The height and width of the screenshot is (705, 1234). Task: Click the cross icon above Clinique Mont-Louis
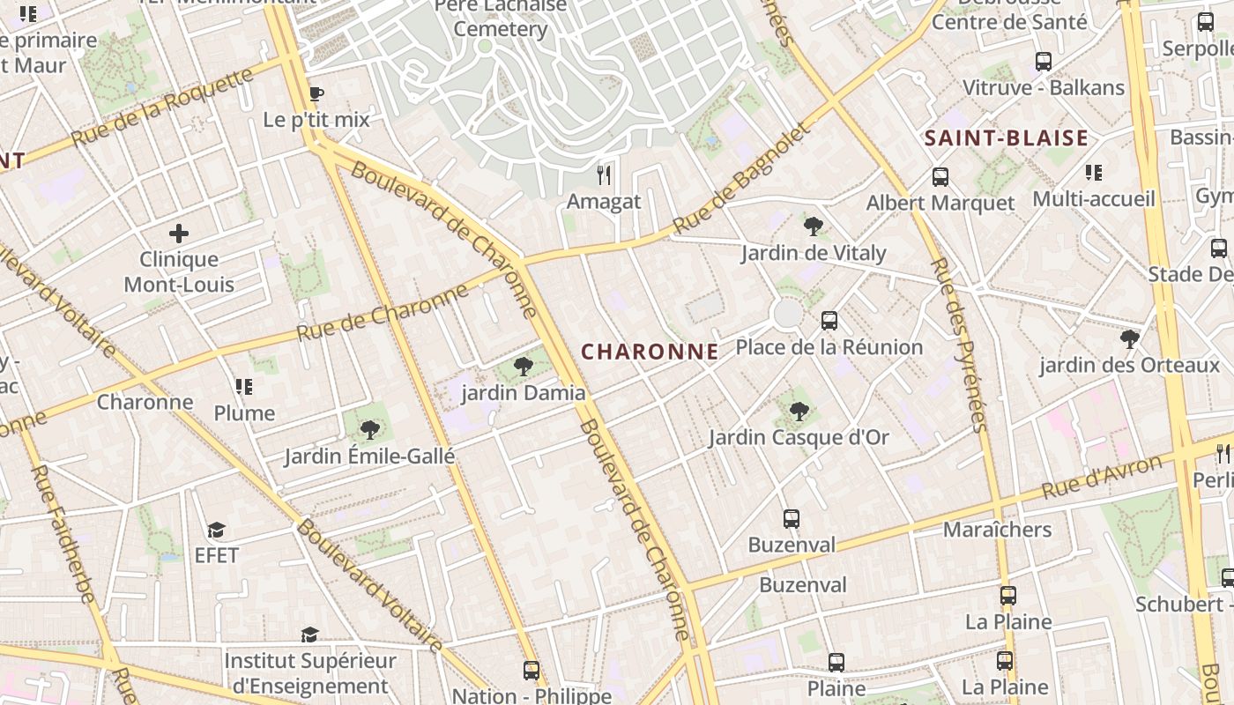(x=179, y=234)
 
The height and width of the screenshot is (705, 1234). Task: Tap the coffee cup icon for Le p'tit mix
(x=316, y=93)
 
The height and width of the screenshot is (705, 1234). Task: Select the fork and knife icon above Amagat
(x=604, y=174)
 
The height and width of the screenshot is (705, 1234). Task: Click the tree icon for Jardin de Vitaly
(x=814, y=226)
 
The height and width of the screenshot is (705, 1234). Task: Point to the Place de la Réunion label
(x=829, y=347)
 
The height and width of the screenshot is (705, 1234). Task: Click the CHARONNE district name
(x=650, y=352)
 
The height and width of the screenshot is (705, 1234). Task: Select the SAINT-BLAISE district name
(x=1006, y=138)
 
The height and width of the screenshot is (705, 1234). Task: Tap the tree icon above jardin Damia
(x=524, y=367)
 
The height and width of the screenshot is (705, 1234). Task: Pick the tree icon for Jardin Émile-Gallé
(x=370, y=430)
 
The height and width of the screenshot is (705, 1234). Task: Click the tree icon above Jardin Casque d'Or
(x=799, y=411)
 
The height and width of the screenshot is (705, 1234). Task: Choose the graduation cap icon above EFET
(x=216, y=530)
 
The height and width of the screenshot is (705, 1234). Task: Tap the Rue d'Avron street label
(x=1102, y=477)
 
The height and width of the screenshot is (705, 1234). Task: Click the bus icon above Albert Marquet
(x=940, y=176)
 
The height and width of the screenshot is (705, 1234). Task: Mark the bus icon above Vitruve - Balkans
(x=1044, y=62)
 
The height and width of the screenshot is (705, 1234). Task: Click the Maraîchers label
(x=997, y=530)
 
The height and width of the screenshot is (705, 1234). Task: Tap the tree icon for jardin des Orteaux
(x=1129, y=338)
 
